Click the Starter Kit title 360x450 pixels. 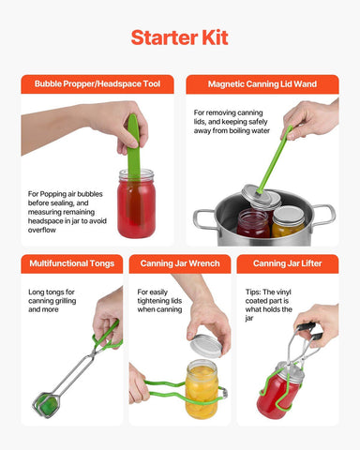[x=179, y=37]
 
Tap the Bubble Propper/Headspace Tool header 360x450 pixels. [x=97, y=84]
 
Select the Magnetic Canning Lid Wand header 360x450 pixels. [x=262, y=84]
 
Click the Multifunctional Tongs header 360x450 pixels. [x=70, y=263]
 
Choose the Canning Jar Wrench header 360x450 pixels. [x=179, y=263]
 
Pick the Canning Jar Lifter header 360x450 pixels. [x=287, y=263]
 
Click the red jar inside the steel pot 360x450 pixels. [x=253, y=223]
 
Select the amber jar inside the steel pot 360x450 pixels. [x=289, y=222]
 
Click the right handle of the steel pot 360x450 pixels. [x=324, y=213]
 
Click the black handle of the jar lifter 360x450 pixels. [x=310, y=329]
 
